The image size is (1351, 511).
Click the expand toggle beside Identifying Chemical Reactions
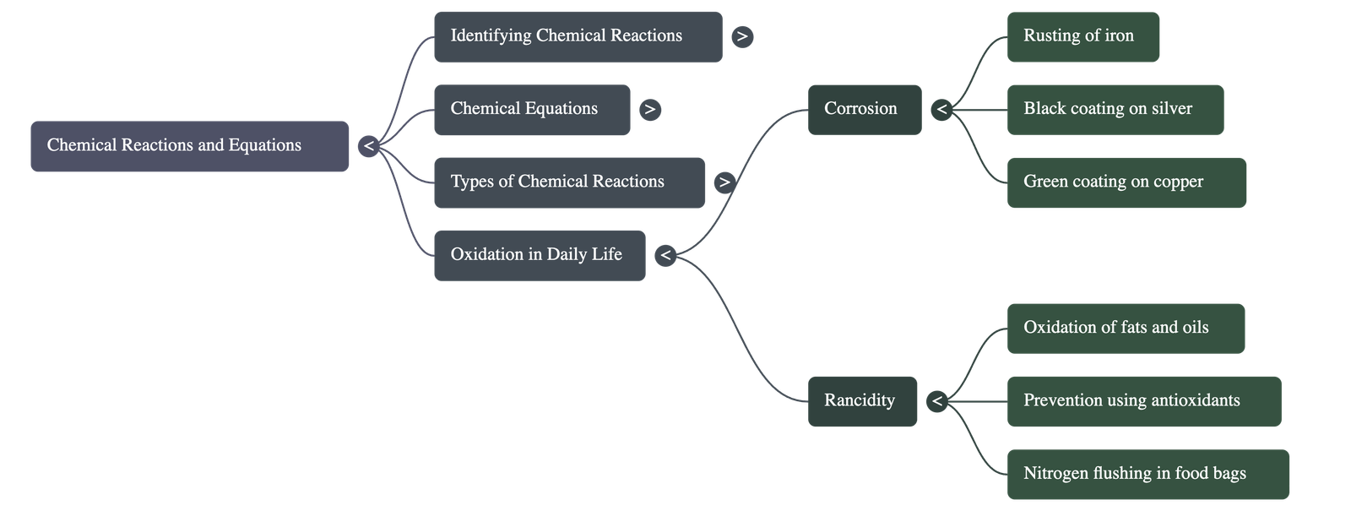click(741, 36)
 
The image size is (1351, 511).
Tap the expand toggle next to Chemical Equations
click(649, 109)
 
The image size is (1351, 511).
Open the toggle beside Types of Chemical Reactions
click(724, 182)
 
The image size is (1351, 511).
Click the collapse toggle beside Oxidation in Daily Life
click(665, 255)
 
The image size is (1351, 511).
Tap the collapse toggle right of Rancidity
click(936, 401)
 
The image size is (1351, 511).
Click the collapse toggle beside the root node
click(368, 146)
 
